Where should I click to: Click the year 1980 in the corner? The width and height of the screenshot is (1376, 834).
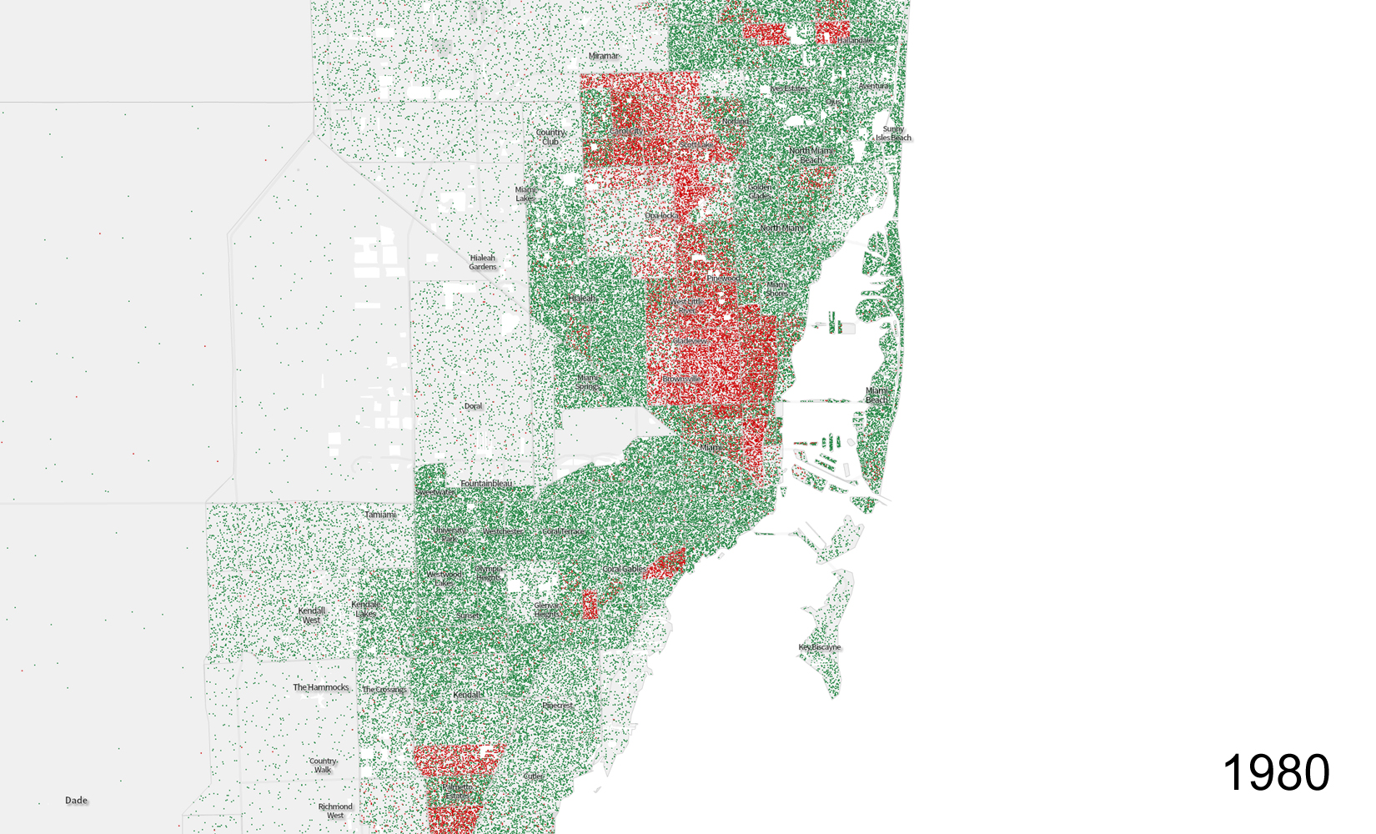(1275, 773)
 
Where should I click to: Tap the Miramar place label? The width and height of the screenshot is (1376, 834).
(604, 56)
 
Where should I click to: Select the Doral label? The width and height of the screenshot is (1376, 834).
(473, 406)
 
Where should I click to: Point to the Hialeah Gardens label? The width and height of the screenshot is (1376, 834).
(483, 263)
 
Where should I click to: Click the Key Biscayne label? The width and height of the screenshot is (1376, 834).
(820, 647)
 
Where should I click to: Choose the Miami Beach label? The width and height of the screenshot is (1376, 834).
(877, 395)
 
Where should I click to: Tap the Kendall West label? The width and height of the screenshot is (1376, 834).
(312, 615)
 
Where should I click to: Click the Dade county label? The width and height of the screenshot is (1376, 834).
(76, 801)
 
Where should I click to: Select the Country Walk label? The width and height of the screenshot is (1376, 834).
(323, 766)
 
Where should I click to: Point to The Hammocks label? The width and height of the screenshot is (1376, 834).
(320, 687)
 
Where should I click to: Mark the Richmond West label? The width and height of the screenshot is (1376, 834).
(335, 811)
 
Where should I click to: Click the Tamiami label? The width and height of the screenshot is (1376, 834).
(380, 515)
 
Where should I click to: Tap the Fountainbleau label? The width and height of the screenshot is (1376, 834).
(486, 484)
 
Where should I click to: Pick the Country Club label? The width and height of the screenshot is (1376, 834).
(550, 137)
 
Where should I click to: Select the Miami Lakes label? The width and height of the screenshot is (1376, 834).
(526, 194)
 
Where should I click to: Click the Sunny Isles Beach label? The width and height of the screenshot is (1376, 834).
(893, 133)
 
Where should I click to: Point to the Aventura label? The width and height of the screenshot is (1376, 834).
(874, 86)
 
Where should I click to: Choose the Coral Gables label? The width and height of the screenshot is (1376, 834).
(622, 570)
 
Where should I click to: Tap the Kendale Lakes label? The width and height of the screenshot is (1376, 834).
(365, 610)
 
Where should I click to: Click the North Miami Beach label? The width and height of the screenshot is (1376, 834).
(811, 155)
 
